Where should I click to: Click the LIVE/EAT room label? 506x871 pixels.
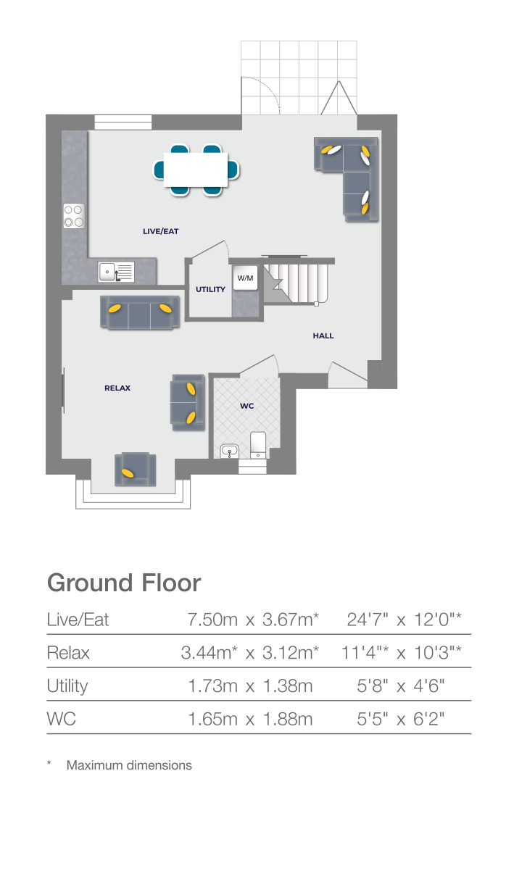coord(160,231)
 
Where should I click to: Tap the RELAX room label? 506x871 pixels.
coord(117,388)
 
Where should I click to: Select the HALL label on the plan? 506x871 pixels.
coord(323,336)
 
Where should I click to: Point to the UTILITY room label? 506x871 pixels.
coord(210,290)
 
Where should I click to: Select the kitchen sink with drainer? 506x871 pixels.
coord(117,272)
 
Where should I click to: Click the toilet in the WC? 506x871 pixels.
coord(258,443)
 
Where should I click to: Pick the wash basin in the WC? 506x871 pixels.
coord(230,451)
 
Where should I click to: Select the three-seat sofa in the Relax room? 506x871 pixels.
coord(140,312)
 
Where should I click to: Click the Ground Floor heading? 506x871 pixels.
coord(124,583)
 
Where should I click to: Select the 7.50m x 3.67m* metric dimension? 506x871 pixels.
coord(251,620)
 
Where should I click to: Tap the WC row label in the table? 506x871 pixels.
coord(61,719)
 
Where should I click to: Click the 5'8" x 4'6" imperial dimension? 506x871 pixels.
coord(401,685)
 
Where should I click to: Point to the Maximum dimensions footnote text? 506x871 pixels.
coord(129,765)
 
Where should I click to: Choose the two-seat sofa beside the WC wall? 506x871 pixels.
coord(186,401)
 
